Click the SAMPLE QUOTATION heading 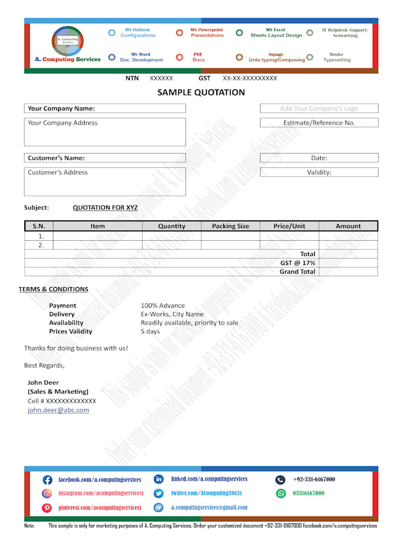tap(201, 93)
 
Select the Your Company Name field tap(105, 109)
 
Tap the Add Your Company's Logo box tap(319, 109)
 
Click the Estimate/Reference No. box tap(319, 123)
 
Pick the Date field tap(319, 158)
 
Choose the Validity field tap(319, 172)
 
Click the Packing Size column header tap(231, 226)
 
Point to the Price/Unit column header tap(289, 226)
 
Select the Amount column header tap(348, 226)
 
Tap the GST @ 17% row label tap(298, 263)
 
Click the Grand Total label tap(298, 272)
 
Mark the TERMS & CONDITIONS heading tap(53, 289)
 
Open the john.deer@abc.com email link tap(58, 410)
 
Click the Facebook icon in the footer tap(47, 480)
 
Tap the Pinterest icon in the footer tap(47, 508)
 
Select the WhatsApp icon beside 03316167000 tap(281, 493)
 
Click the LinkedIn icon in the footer tap(159, 479)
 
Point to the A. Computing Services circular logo tap(68, 40)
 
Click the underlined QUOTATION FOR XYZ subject tap(105, 208)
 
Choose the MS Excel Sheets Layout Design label tap(276, 33)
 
